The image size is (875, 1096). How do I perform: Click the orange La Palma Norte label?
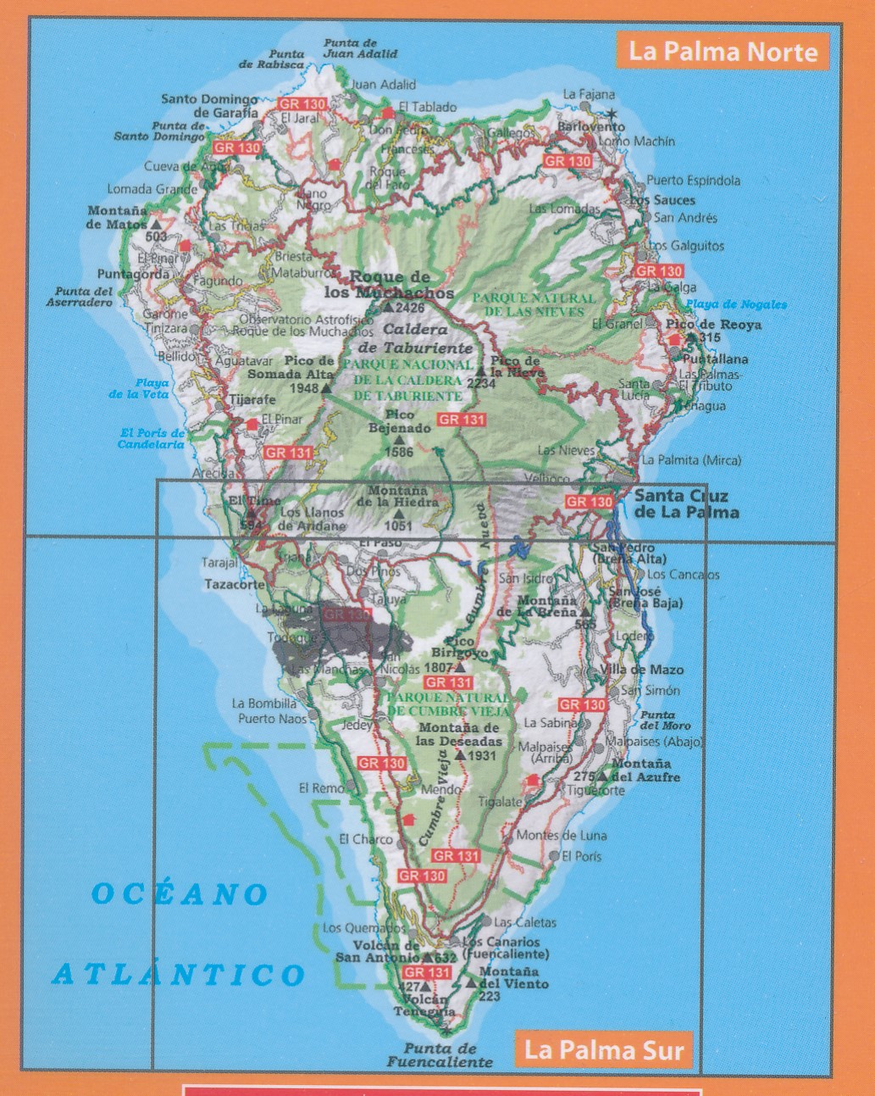tap(723, 52)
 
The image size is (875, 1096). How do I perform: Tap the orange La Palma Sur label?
tap(603, 1050)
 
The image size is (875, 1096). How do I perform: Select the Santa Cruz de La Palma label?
tap(686, 504)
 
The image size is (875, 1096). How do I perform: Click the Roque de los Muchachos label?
tap(390, 285)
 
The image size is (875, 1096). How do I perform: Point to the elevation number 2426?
tap(410, 308)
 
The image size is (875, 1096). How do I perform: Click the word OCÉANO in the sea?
tap(180, 893)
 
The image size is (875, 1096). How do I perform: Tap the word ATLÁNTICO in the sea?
tap(178, 974)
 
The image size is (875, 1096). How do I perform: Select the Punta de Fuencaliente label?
tap(439, 1055)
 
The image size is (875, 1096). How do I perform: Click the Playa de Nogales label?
tap(736, 304)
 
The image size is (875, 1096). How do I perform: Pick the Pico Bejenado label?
tap(399, 421)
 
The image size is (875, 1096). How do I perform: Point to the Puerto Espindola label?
tap(693, 181)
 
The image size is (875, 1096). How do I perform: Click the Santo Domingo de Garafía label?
tap(210, 106)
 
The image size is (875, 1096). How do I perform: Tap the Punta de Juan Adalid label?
tap(359, 48)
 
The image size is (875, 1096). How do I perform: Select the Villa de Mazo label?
tap(653, 670)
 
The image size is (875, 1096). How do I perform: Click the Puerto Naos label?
tap(272, 719)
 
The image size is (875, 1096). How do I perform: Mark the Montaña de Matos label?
tap(116, 217)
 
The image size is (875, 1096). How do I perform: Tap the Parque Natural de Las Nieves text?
tap(534, 304)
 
